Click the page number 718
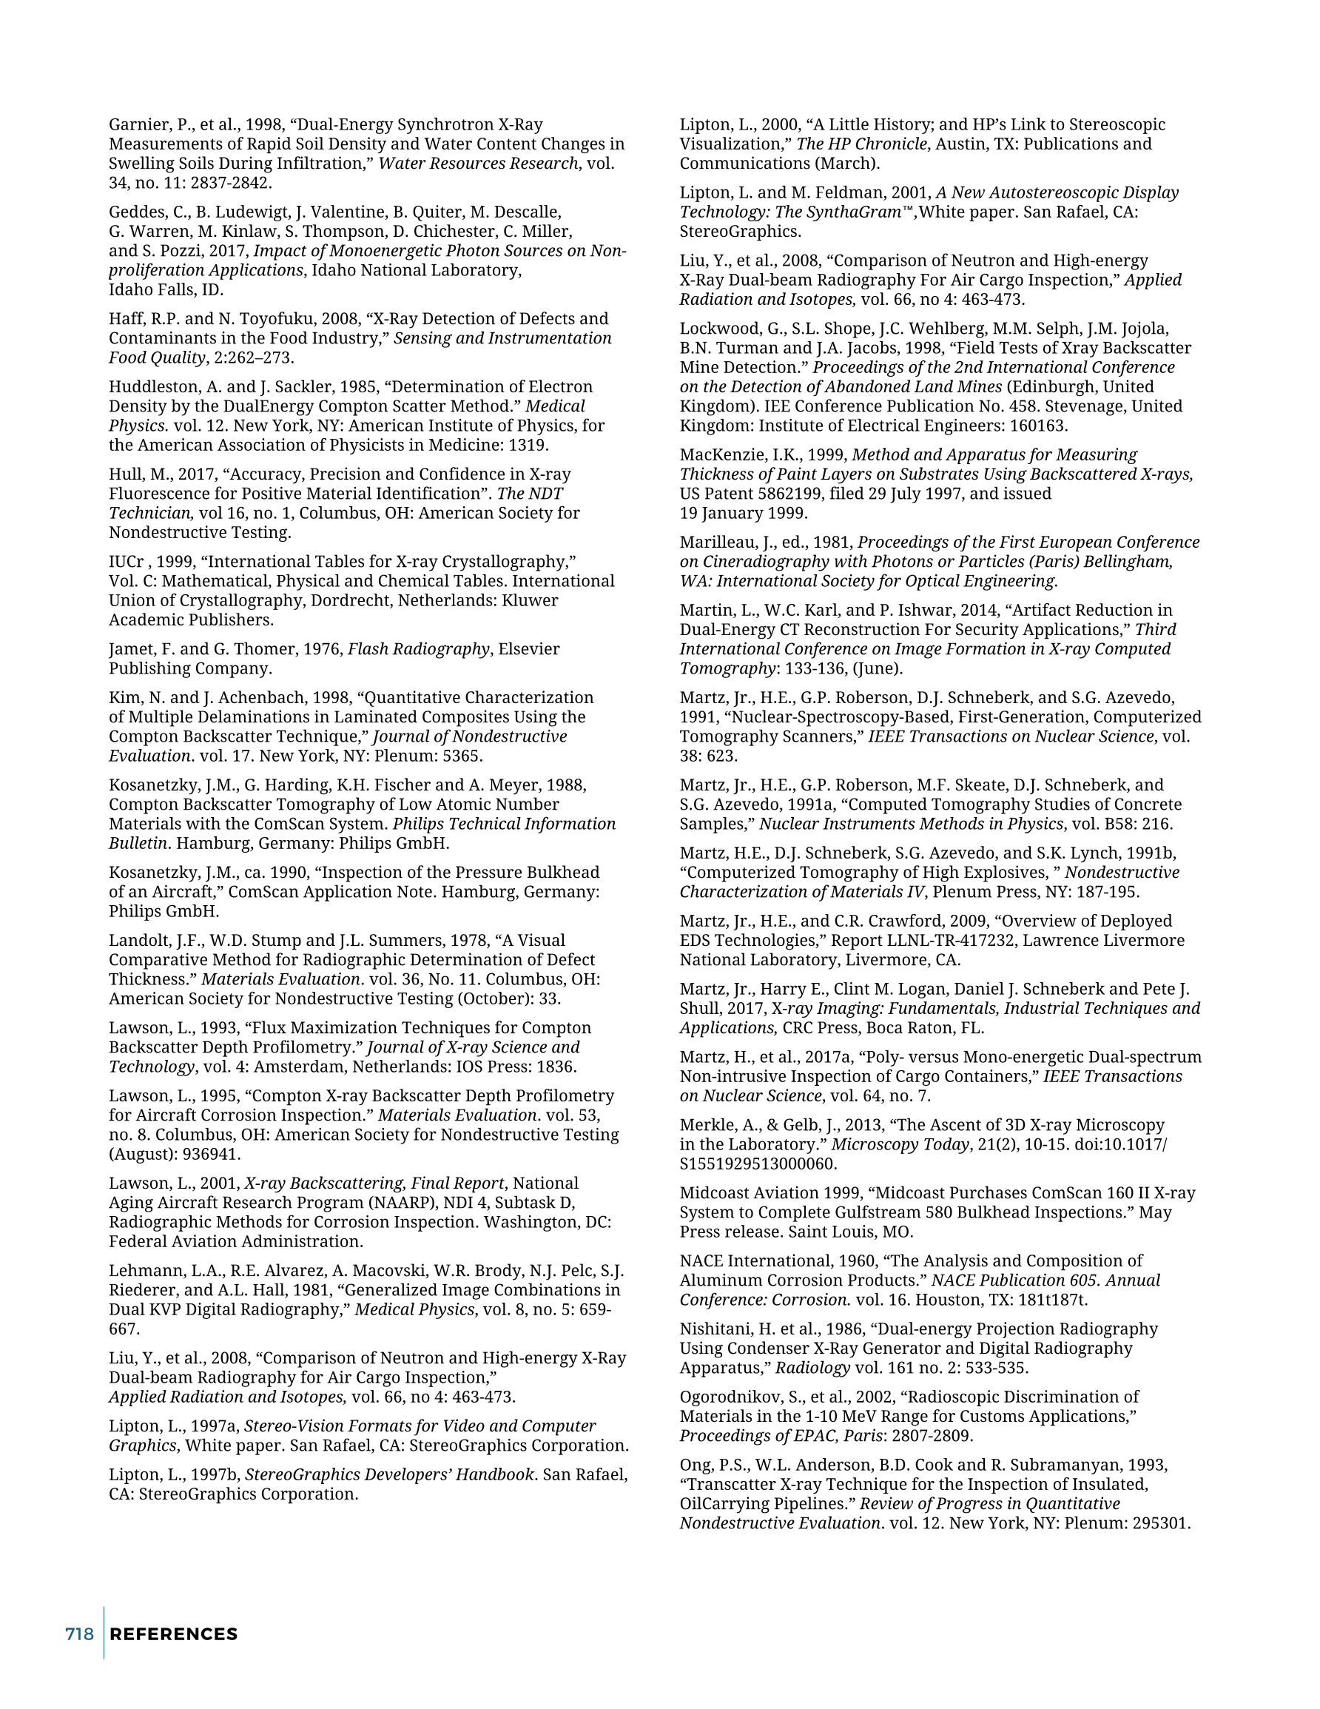click(79, 1634)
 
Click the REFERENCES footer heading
click(174, 1634)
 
